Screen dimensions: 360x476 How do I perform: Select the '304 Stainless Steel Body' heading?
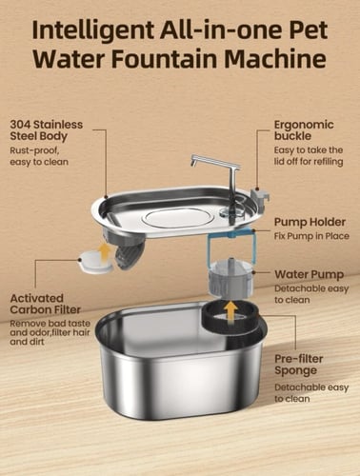pyautogui.click(x=47, y=130)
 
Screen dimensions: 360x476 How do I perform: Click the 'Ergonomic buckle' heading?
pyautogui.click(x=304, y=130)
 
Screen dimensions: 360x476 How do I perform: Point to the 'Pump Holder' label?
pyautogui.click(x=310, y=222)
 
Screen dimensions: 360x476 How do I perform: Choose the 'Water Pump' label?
pyautogui.click(x=310, y=274)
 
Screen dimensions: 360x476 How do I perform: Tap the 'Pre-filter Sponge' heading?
pyautogui.click(x=298, y=365)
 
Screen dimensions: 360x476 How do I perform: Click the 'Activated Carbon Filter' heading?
pyautogui.click(x=46, y=304)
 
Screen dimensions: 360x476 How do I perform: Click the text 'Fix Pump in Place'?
pyautogui.click(x=311, y=236)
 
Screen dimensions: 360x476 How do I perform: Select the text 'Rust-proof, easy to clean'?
pyautogui.click(x=39, y=156)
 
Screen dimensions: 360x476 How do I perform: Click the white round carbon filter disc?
pyautogui.click(x=96, y=261)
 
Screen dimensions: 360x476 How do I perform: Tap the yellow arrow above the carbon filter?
pyautogui.click(x=105, y=252)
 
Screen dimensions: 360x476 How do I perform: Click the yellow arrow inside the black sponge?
pyautogui.click(x=231, y=312)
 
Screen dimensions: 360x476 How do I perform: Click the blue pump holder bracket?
pyautogui.click(x=231, y=245)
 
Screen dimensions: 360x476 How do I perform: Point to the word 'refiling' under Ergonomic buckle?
pyautogui.click(x=329, y=162)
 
